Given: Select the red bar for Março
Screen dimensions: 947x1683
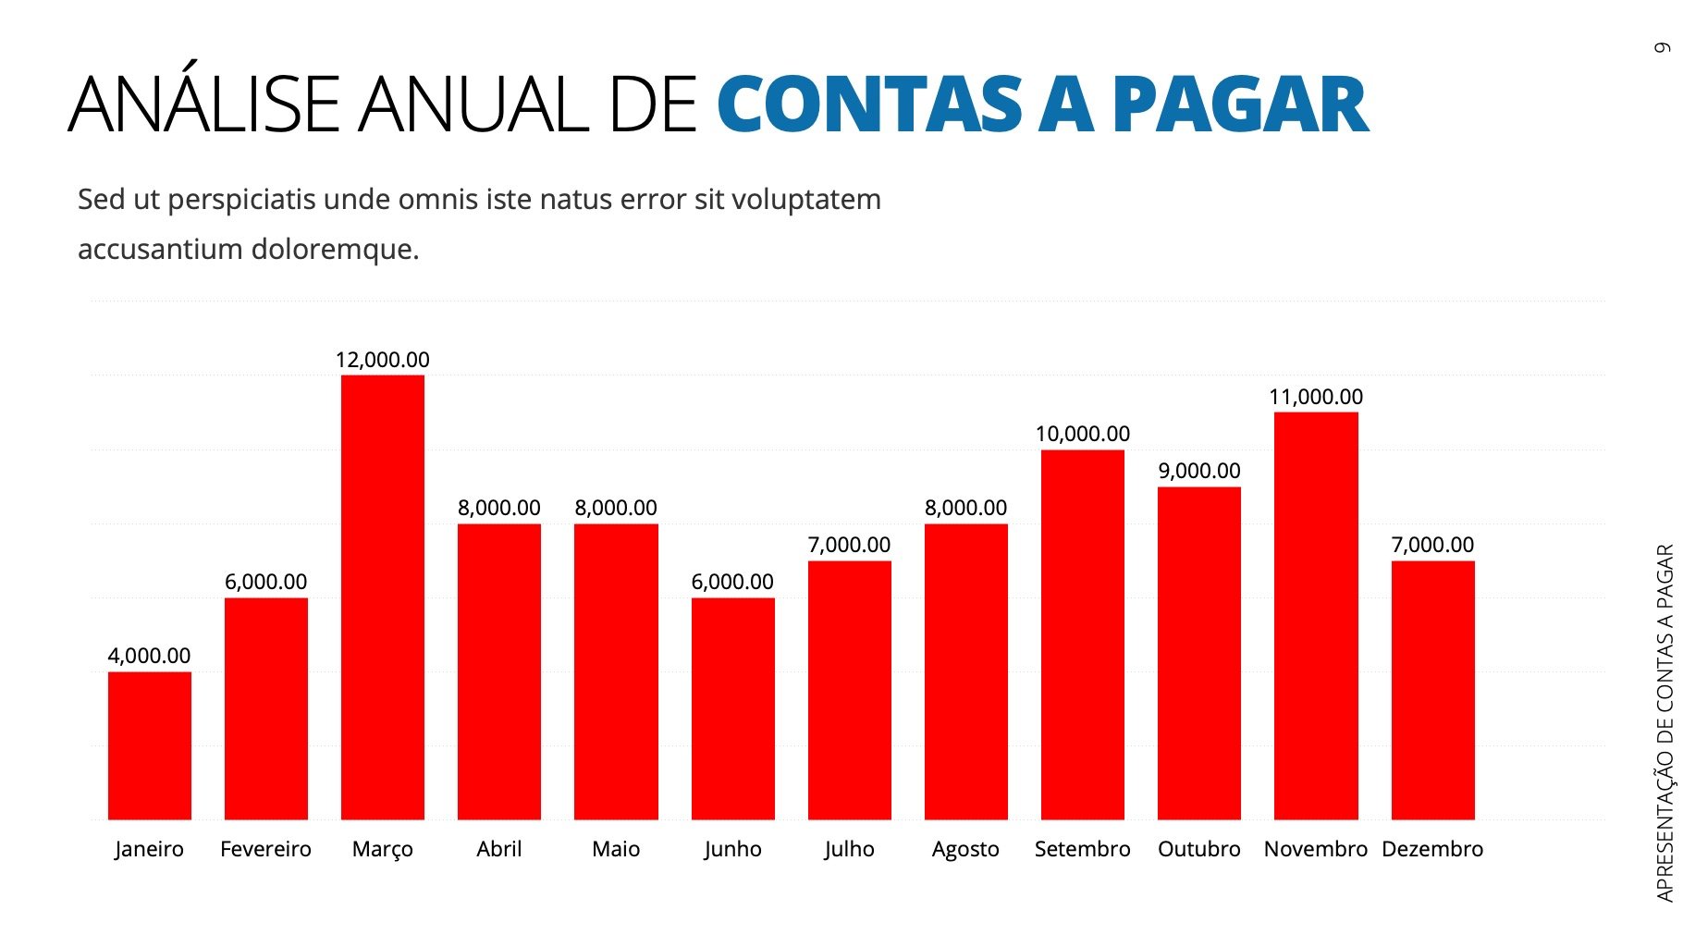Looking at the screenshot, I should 382,596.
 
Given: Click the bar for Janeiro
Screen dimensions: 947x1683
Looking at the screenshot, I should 149,745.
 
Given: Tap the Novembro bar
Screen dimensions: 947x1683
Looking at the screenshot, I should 1316,615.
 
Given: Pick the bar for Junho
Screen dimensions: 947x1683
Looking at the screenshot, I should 732,708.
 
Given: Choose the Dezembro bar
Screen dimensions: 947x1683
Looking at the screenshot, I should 1432,690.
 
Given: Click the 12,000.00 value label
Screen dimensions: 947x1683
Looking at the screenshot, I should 382,360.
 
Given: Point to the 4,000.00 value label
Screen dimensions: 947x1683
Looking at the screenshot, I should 149,656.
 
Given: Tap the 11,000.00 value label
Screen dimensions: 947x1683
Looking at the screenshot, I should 1316,397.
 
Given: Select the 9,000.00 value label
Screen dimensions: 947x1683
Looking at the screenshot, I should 1199,471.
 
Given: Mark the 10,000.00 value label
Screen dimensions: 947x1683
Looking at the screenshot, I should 1082,434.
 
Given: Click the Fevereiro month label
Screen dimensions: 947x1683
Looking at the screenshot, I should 265,849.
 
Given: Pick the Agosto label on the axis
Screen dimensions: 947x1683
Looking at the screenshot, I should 965,849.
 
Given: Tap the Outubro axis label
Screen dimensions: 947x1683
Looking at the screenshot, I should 1199,849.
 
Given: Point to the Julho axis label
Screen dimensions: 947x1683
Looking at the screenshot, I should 849,849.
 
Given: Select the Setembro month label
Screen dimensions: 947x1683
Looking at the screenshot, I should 1082,849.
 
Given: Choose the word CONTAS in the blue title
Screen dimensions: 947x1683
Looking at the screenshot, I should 869,105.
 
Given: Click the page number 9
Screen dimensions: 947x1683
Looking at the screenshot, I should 1663,47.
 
